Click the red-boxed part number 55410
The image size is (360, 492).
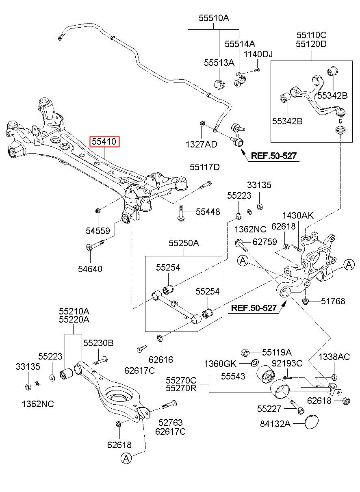click(x=104, y=142)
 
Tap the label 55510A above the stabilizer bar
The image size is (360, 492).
click(x=214, y=18)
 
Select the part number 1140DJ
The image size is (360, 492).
click(x=258, y=54)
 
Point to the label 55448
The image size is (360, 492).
click(x=208, y=212)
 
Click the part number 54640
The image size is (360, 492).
click(x=90, y=269)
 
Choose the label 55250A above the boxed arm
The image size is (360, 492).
click(x=184, y=243)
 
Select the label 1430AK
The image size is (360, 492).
click(x=298, y=215)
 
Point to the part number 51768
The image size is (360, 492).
click(x=333, y=301)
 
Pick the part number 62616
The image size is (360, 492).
click(x=161, y=360)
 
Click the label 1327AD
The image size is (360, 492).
click(x=201, y=144)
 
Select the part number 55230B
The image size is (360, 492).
click(x=98, y=343)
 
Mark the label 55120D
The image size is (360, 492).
click(x=311, y=44)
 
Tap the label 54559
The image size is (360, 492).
click(x=98, y=231)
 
